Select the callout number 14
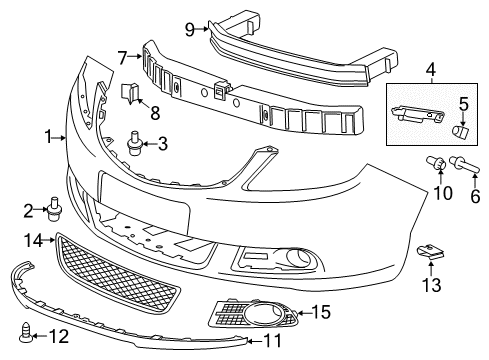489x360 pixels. tap(33, 240)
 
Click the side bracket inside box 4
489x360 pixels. tap(418, 114)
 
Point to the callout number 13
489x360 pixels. tap(432, 286)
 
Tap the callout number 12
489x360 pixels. tap(59, 336)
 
